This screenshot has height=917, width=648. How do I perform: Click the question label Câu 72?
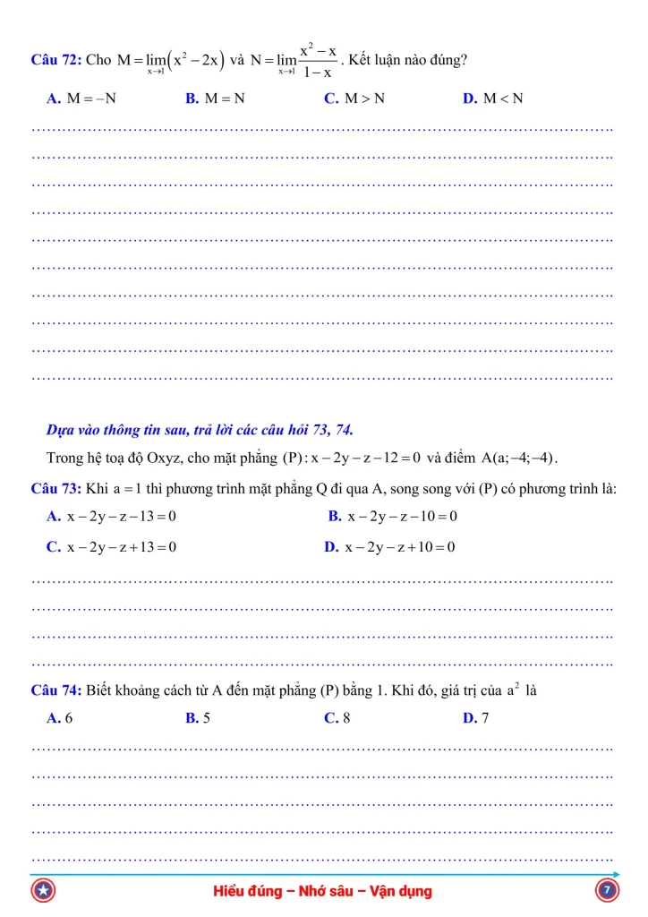(x=55, y=60)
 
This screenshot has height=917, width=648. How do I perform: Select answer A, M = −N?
(x=81, y=99)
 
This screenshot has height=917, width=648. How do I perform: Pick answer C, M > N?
(x=354, y=99)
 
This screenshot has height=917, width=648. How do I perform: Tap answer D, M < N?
(x=493, y=99)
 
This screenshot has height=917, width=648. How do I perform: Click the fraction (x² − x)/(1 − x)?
(x=318, y=62)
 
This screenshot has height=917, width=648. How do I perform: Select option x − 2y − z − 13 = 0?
(x=112, y=517)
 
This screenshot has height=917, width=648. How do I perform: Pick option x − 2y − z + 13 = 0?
(x=112, y=547)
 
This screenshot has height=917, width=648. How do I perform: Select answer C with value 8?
(x=337, y=718)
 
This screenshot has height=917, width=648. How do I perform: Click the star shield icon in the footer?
(x=43, y=892)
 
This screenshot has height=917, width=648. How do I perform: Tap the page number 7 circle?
(x=606, y=891)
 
